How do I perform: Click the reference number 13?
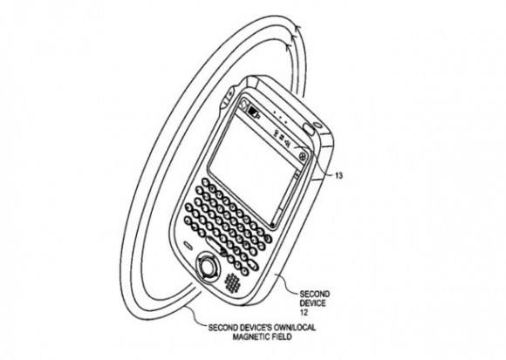click(338, 176)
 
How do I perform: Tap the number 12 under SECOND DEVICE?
click(304, 312)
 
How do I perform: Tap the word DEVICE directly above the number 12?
click(312, 303)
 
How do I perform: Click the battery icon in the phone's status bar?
click(254, 112)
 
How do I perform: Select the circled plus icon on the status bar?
click(303, 157)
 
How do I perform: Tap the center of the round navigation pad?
click(208, 267)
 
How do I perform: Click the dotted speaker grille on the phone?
click(233, 282)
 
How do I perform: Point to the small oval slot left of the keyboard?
click(188, 245)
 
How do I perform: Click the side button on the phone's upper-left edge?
click(229, 97)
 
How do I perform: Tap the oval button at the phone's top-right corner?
click(309, 129)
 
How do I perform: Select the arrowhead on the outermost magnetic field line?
click(298, 30)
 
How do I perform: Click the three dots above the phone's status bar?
click(280, 118)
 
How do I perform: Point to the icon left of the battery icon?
click(244, 104)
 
